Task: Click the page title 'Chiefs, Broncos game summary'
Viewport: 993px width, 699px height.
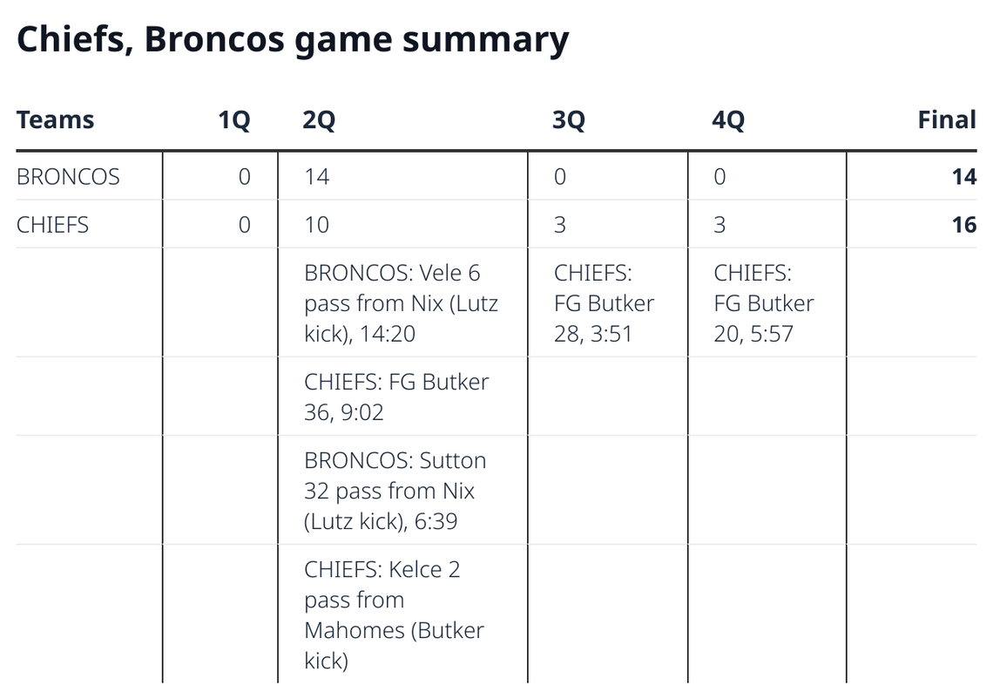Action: [x=293, y=40]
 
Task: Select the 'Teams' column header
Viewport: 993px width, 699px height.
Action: [x=55, y=119]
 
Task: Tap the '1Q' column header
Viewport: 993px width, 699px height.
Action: [x=233, y=120]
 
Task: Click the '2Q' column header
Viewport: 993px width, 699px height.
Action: [x=319, y=120]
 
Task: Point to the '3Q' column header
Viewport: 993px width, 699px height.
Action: [x=569, y=120]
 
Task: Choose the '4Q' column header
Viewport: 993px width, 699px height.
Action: [x=728, y=120]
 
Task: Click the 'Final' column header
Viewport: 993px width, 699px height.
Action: [x=946, y=119]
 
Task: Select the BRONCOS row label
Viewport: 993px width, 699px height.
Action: [x=68, y=177]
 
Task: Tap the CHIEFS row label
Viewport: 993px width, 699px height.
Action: [x=52, y=225]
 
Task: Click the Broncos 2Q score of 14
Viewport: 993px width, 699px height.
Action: [x=316, y=177]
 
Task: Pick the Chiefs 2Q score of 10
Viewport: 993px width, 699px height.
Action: [x=316, y=225]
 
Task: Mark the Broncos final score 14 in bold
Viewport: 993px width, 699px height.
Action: [x=963, y=177]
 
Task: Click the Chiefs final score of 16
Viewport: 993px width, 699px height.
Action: [x=963, y=225]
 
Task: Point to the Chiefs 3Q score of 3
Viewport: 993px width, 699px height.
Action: [x=559, y=225]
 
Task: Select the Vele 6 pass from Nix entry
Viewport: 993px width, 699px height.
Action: [x=401, y=303]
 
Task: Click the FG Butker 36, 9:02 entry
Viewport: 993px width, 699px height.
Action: [x=396, y=397]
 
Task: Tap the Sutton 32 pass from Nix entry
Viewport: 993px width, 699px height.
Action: [x=395, y=491]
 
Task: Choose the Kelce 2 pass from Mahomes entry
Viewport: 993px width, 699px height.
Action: [x=394, y=614]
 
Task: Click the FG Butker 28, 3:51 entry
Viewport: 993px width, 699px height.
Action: [x=604, y=303]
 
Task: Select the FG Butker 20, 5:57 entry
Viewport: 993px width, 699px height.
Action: [x=763, y=303]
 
